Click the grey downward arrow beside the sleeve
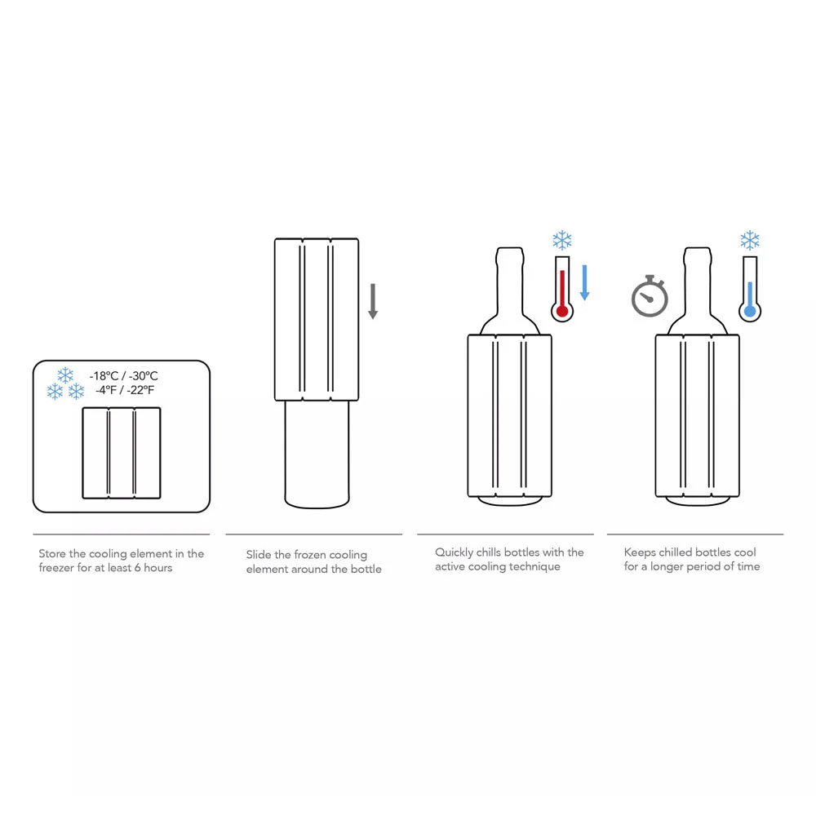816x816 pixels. pyautogui.click(x=373, y=301)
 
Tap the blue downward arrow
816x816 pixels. pyautogui.click(x=584, y=282)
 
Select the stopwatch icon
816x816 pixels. pyautogui.click(x=650, y=296)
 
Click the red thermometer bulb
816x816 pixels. pyautogui.click(x=562, y=311)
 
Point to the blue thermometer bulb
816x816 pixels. pyautogui.click(x=750, y=311)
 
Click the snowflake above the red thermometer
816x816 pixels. pyautogui.click(x=562, y=241)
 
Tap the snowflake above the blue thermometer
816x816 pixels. pyautogui.click(x=750, y=241)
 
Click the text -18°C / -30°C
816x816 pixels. pyautogui.click(x=124, y=375)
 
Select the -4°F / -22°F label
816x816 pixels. pyautogui.click(x=125, y=390)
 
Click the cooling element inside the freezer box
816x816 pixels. pyautogui.click(x=122, y=453)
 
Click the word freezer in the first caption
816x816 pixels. pyautogui.click(x=56, y=568)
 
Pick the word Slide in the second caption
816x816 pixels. pyautogui.click(x=258, y=555)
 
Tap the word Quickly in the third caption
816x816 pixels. pyautogui.click(x=454, y=552)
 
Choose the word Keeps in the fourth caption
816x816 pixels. pyautogui.click(x=640, y=552)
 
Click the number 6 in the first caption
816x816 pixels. pyautogui.click(x=137, y=568)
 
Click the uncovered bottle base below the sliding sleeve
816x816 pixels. pyautogui.click(x=317, y=454)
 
